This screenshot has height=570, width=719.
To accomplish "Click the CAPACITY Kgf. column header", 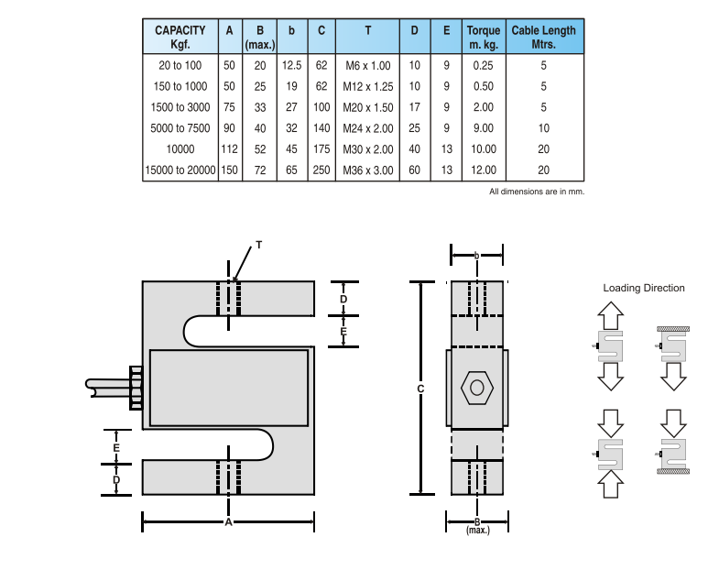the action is pos(180,38).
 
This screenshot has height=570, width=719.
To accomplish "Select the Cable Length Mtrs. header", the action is pos(543,38).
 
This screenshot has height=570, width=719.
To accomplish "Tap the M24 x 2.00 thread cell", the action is pos(368,128).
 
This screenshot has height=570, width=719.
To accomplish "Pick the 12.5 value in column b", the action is pos(291,65).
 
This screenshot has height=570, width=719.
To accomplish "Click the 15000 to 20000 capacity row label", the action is pos(180,170).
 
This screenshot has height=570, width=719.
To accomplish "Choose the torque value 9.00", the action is pos(484,128).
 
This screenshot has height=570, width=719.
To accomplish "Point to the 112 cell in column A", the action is pos(229,149).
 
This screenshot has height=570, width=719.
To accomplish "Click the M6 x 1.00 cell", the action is pos(368,66).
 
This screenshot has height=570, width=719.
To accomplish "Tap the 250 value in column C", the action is pos(321,170).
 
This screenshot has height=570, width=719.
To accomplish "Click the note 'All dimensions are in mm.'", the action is pos(537,192).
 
